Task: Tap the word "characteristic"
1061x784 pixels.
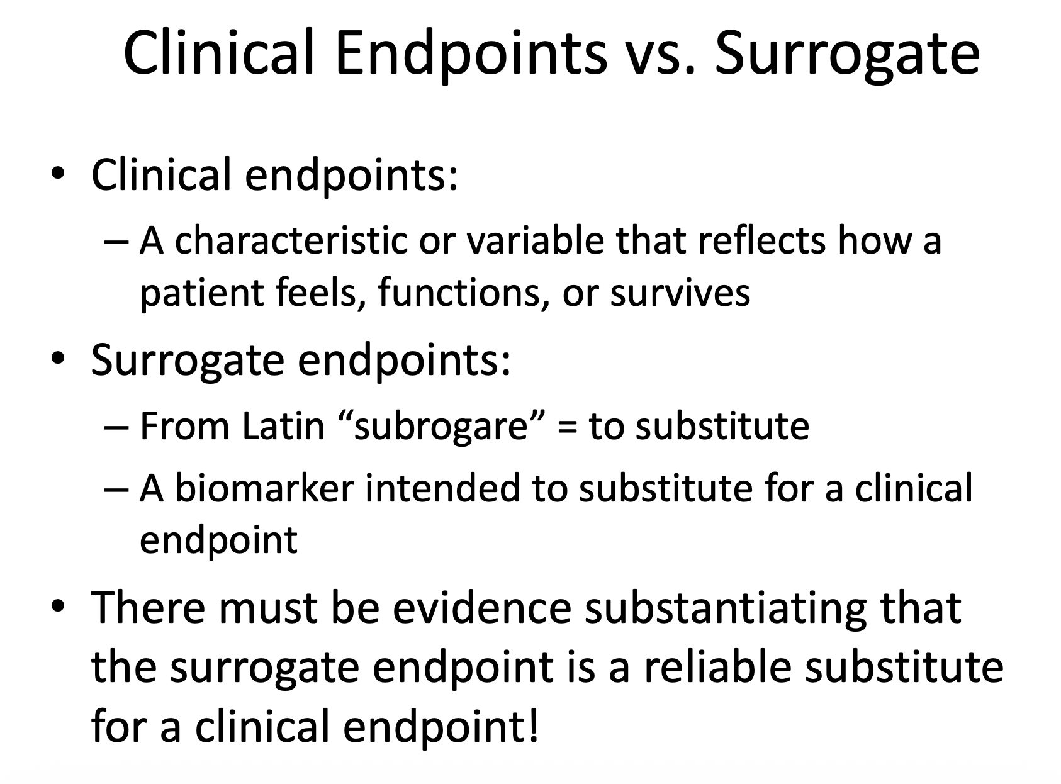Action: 291,240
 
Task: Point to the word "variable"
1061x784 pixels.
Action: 536,240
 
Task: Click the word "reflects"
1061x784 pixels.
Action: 761,240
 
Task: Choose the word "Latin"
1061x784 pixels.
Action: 284,425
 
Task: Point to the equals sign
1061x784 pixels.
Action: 568,427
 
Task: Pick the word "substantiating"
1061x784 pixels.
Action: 726,610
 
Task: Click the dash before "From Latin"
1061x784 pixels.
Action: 116,427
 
